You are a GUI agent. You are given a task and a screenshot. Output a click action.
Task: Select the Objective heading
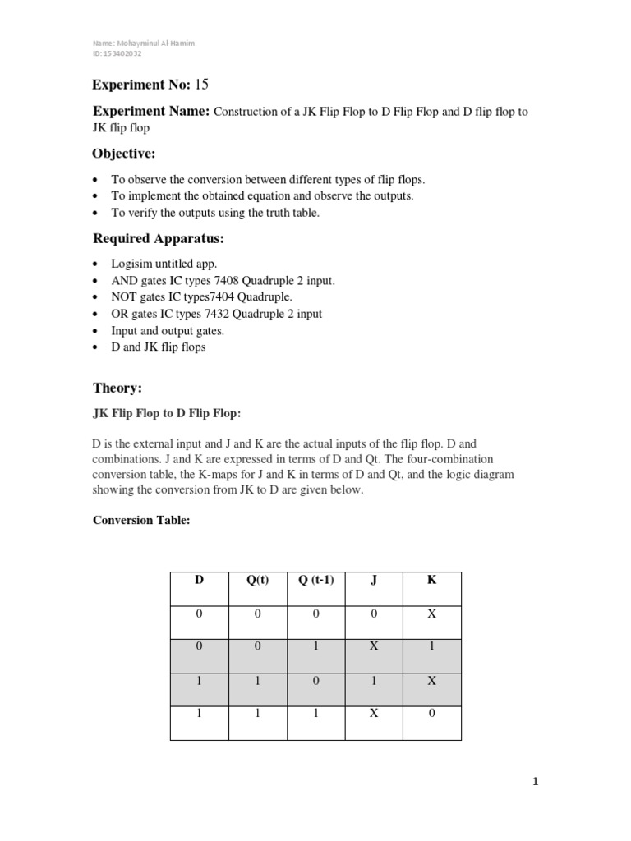[x=123, y=154]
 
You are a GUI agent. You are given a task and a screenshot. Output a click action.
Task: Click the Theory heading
[x=117, y=387]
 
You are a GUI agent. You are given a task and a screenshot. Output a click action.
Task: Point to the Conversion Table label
[x=140, y=520]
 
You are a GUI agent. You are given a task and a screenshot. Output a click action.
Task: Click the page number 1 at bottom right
[x=535, y=783]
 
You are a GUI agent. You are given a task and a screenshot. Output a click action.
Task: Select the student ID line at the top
[x=117, y=53]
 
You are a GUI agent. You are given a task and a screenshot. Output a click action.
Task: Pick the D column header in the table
[x=199, y=579]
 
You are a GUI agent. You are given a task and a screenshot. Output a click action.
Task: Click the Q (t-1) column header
[x=315, y=579]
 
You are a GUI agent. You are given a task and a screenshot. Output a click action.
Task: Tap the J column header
[x=374, y=579]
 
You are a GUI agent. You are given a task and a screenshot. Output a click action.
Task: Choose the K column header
[x=431, y=579]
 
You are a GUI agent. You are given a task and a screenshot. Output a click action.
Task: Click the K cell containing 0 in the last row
[x=431, y=714]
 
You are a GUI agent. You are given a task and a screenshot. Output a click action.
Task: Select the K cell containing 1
[x=431, y=646]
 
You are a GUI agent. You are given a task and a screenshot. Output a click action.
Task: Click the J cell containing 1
[x=374, y=680]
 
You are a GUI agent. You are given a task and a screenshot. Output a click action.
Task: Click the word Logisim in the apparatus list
[x=131, y=264]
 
